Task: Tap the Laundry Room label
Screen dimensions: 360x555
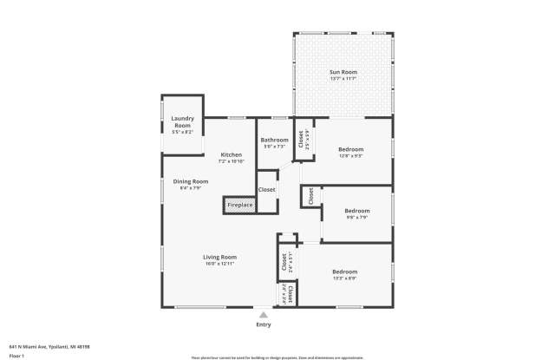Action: [182, 121]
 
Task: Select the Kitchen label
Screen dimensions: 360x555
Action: [231, 154]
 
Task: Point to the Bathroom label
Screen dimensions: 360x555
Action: [275, 139]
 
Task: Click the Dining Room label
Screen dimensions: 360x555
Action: [190, 181]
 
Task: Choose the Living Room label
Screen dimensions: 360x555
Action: [220, 257]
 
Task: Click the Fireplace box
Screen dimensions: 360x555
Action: [240, 206]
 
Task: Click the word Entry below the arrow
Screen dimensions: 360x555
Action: [264, 325]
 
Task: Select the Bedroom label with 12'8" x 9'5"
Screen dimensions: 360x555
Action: [351, 149]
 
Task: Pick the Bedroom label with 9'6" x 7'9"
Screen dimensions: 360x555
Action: [357, 211]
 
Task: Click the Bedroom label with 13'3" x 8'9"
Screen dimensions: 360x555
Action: [345, 272]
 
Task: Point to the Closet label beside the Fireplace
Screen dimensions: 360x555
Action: [267, 189]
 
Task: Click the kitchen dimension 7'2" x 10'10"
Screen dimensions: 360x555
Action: [231, 161]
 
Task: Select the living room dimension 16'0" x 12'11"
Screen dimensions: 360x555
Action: [220, 264]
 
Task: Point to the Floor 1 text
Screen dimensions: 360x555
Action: [16, 356]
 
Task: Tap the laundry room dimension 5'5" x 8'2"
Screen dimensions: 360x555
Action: [182, 132]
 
